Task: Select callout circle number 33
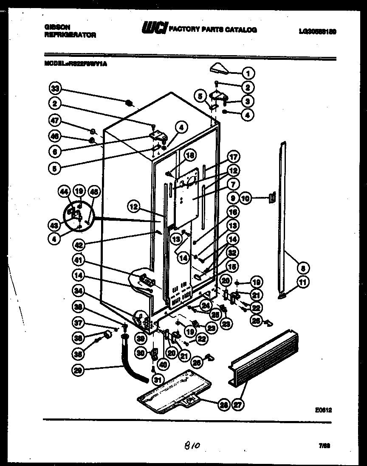click(55, 89)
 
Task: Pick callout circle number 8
click(304, 268)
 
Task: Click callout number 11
click(304, 282)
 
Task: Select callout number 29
click(78, 370)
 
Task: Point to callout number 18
click(190, 155)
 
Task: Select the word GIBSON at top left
click(57, 26)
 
